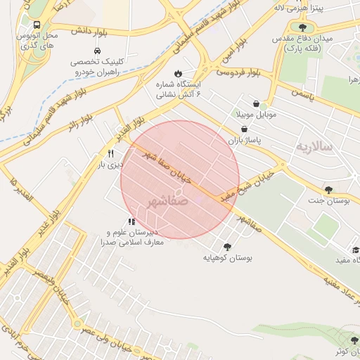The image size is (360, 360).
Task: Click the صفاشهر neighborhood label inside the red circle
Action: click(169, 201)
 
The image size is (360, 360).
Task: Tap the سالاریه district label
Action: click(313, 147)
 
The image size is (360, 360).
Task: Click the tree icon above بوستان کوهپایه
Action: click(227, 247)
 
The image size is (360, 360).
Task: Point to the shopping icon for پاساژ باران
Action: click(244, 129)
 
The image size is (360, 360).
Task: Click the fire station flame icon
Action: click(178, 73)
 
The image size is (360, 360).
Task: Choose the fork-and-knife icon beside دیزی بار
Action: click(110, 153)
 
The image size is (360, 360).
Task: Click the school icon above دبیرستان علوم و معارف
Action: click(131, 221)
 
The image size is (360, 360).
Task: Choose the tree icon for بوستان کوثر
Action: click(354, 340)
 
